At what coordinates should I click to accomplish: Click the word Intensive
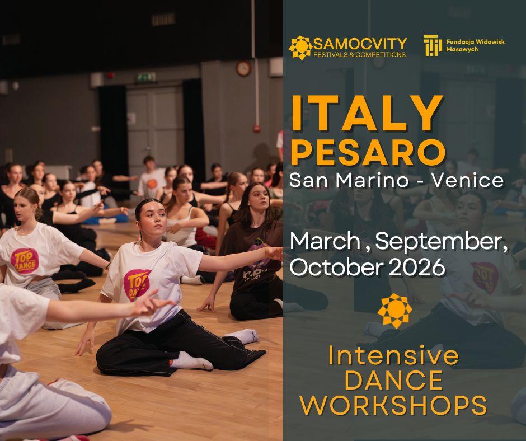393,355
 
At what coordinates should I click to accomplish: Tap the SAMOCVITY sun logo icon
300,47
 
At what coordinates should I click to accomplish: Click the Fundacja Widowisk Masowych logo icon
433,46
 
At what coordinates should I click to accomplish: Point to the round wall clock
243,68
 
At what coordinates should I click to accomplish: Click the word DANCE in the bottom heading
393,381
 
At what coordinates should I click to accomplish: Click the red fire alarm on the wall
257,128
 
